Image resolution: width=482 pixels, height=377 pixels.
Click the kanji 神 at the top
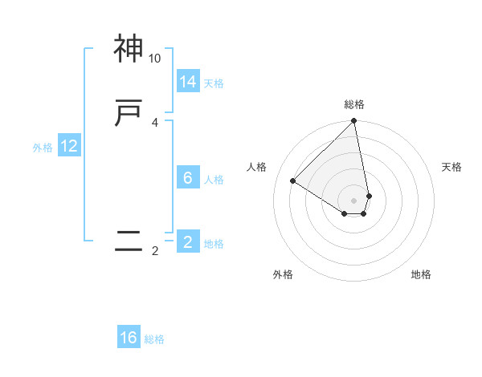tap(129, 49)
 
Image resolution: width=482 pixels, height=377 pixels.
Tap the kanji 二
tap(129, 241)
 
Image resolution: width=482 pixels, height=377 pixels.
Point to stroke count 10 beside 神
tap(155, 59)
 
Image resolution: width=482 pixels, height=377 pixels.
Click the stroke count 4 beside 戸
tap(154, 122)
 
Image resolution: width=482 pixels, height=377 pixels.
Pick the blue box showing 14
tap(188, 81)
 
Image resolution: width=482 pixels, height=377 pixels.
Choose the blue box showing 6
tap(188, 178)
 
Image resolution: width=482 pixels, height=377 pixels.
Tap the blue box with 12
tap(69, 146)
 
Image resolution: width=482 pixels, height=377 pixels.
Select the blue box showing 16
tap(129, 338)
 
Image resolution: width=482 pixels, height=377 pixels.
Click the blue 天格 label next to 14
tap(214, 83)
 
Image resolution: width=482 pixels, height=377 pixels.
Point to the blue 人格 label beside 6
tap(214, 180)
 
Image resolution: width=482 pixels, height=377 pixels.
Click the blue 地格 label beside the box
tap(214, 244)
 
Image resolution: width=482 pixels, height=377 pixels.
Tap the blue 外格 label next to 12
tap(43, 148)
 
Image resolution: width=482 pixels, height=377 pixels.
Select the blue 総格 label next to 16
tap(154, 339)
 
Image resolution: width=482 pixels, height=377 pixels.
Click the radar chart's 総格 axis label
tap(354, 104)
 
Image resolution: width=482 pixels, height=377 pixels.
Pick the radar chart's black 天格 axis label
tap(451, 167)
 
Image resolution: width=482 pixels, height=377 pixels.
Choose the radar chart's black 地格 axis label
tap(421, 274)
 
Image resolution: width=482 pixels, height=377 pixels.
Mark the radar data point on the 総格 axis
tap(354, 122)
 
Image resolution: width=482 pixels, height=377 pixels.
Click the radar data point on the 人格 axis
tap(293, 181)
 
